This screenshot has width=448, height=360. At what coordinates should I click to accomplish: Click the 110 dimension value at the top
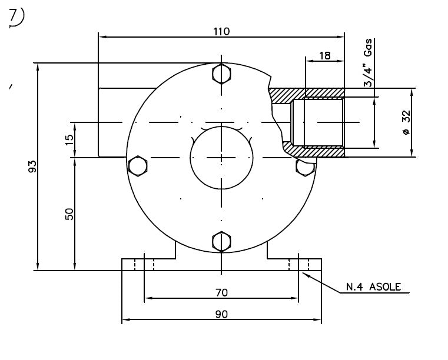[221, 31]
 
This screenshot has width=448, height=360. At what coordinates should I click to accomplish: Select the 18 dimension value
[325, 56]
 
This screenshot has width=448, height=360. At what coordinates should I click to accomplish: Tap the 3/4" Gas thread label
[368, 62]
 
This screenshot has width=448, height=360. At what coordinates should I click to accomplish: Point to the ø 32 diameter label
[406, 122]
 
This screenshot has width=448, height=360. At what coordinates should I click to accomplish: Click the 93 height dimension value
[32, 166]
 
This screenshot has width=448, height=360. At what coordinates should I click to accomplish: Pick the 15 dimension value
[69, 139]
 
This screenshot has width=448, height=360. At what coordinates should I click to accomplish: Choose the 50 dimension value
[69, 214]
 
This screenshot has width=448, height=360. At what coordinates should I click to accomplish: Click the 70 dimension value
[221, 292]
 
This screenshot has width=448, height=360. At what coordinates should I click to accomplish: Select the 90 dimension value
[221, 314]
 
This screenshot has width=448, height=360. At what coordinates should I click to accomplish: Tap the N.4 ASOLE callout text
[373, 286]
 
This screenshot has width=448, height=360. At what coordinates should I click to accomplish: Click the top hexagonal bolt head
[221, 74]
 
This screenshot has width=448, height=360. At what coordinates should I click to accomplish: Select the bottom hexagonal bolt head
[221, 242]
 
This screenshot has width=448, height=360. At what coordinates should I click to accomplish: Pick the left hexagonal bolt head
[138, 166]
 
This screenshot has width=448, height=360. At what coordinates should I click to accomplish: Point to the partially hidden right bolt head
[304, 168]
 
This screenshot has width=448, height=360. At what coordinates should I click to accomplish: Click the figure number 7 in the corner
[14, 16]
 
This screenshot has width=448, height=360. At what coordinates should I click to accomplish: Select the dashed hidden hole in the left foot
[144, 264]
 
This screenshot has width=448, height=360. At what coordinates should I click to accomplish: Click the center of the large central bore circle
[221, 158]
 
